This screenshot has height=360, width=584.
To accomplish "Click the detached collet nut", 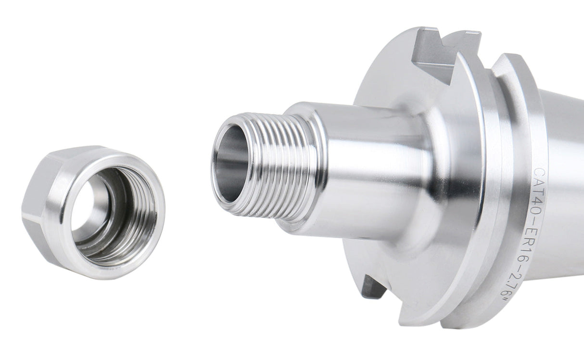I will tap(94, 212).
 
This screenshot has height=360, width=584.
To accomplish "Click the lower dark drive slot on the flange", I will tap(373, 287).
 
